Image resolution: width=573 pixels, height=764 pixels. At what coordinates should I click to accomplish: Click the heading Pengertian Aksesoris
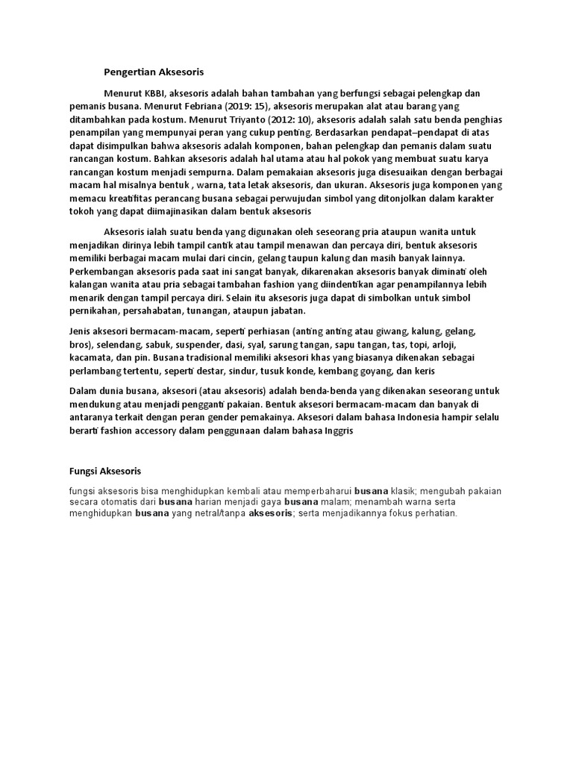click(153, 72)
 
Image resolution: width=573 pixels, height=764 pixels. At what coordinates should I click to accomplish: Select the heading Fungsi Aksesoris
click(104, 471)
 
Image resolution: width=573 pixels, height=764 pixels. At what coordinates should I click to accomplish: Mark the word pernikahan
click(94, 310)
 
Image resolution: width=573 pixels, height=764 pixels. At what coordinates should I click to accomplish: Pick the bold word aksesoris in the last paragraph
click(270, 514)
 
